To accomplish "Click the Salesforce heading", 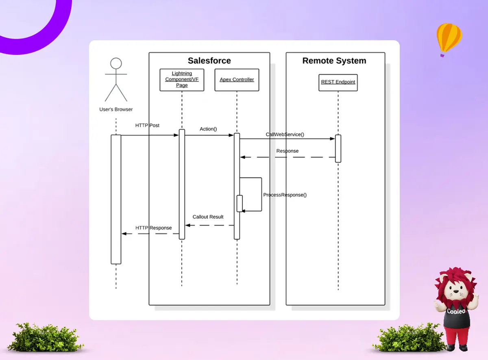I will coord(209,61).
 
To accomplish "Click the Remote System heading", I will coord(334,61).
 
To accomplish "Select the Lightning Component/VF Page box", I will coord(182,80).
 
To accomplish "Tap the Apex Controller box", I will coord(237,80).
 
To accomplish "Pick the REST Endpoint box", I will coord(338,82).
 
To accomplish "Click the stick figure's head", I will coord(116,63).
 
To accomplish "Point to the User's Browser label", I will coord(116,109).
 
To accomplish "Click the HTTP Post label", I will coord(147,126).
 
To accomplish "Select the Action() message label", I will coord(208,129).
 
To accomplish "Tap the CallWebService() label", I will coord(285,134).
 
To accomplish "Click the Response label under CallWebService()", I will coord(287,151).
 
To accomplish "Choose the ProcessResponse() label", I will coord(285,195).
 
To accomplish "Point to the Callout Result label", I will coord(208,217).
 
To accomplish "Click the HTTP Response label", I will coord(153,228).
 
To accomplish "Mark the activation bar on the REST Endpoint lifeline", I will coord(338,148).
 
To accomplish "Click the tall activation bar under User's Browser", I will coord(116,199).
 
